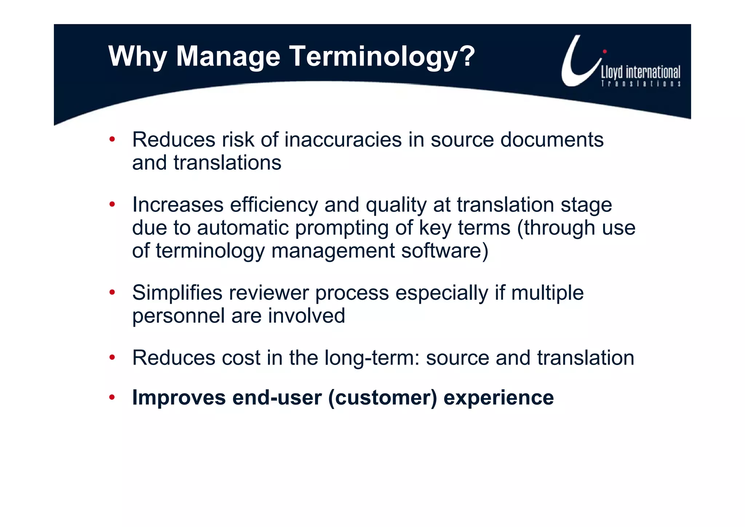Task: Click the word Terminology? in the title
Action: pos(382,56)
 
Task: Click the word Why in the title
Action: pos(138,56)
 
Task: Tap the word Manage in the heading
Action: pos(228,56)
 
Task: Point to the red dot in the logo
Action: pos(605,51)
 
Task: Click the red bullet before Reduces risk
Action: pos(112,139)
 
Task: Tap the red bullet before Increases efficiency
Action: pos(112,204)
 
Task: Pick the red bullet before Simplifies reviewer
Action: pos(112,292)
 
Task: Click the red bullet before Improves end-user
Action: pos(112,397)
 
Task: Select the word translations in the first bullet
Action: pos(227,162)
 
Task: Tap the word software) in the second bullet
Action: pos(445,251)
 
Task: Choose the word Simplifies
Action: pos(177,293)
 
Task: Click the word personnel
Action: pos(178,316)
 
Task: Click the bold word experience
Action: pos(498,397)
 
